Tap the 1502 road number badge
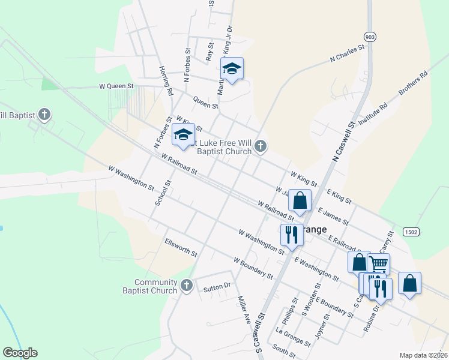(411, 232)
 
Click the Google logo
(20, 353)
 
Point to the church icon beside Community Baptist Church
(187, 285)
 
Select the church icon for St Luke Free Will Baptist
(260, 146)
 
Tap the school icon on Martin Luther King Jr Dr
(232, 70)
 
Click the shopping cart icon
(378, 263)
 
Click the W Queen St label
(116, 86)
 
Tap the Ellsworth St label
(181, 247)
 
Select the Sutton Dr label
(217, 287)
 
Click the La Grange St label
(293, 337)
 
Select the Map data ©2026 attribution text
(423, 355)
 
